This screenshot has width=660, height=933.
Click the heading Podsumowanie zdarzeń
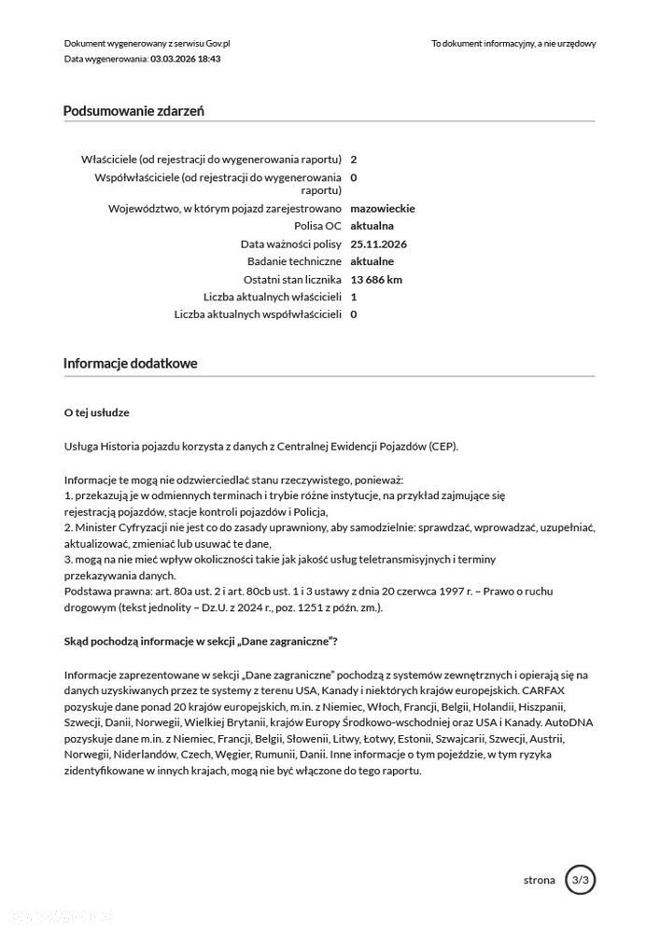[133, 111]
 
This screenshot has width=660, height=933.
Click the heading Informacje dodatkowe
[130, 363]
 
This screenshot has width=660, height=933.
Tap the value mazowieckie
[382, 208]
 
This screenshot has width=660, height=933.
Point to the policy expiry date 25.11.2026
[380, 244]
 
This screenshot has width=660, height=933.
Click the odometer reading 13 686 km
[376, 279]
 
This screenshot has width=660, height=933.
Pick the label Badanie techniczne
[294, 261]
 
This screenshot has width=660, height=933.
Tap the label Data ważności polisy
[291, 244]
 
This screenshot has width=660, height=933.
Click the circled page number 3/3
[580, 879]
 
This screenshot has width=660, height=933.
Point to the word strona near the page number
[540, 880]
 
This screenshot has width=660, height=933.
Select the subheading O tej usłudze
[97, 411]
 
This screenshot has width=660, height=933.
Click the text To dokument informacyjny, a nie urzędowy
[513, 43]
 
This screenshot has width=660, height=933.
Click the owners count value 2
[353, 160]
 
